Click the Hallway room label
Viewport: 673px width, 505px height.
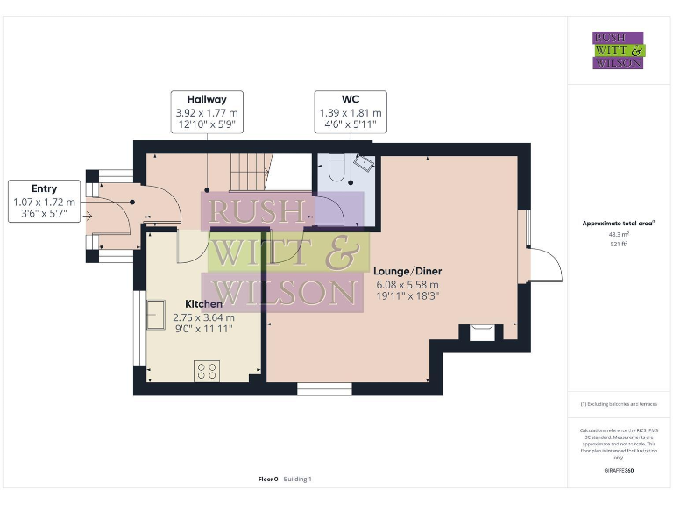click(207, 99)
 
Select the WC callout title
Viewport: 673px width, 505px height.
click(351, 99)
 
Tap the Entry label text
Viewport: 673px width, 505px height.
click(44, 188)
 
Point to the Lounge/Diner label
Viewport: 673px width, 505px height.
click(407, 271)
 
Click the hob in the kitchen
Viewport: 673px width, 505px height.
click(207, 371)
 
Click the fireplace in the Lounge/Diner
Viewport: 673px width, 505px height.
click(481, 331)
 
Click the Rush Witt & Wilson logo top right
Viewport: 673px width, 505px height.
click(619, 51)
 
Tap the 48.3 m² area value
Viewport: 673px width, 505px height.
click(619, 234)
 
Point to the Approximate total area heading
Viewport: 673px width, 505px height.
click(619, 224)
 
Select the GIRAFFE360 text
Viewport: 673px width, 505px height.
click(619, 471)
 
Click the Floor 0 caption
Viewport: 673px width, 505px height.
click(268, 479)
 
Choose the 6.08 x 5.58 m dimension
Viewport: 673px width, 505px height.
click(407, 284)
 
